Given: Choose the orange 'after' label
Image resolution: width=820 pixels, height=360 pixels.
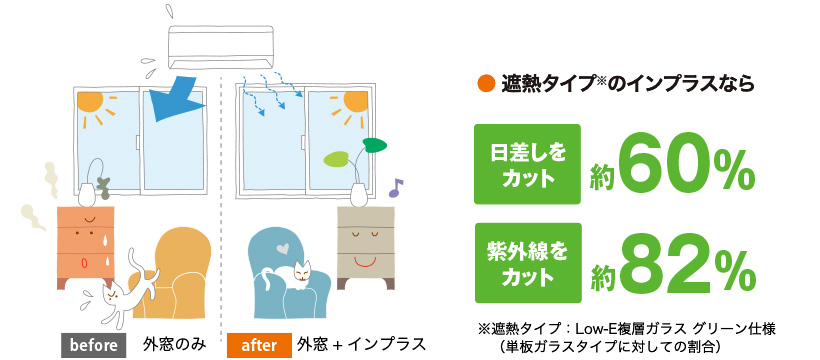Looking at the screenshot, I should point(259,344).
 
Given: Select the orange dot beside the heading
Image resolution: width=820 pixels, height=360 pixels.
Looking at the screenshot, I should point(484,84).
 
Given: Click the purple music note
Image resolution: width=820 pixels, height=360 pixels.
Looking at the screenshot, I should point(395,186).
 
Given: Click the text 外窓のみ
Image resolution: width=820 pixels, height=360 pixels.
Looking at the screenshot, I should point(174,344).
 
